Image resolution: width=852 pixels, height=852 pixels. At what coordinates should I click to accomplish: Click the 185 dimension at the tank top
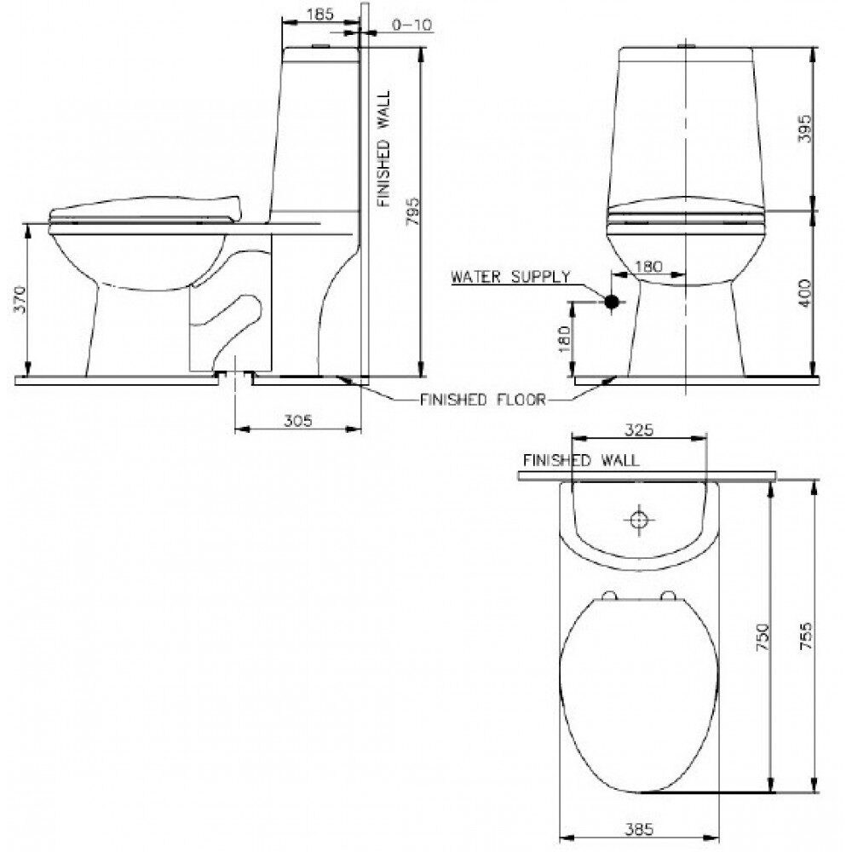(x=320, y=14)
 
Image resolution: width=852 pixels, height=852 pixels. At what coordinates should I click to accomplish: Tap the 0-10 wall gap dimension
(x=412, y=25)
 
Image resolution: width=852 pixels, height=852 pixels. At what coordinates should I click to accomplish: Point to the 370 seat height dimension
(x=20, y=299)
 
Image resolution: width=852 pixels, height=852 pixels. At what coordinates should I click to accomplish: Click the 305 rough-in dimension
(x=297, y=420)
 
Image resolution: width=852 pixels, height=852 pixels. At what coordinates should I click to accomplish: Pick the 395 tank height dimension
(x=805, y=129)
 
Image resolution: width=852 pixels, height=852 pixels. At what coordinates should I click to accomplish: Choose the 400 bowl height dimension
(x=805, y=293)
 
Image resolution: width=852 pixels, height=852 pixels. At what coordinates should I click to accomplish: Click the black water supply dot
(x=612, y=301)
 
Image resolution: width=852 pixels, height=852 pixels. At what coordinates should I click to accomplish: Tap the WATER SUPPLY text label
(x=510, y=277)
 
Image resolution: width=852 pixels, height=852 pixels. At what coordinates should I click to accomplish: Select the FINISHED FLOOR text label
(x=482, y=400)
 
